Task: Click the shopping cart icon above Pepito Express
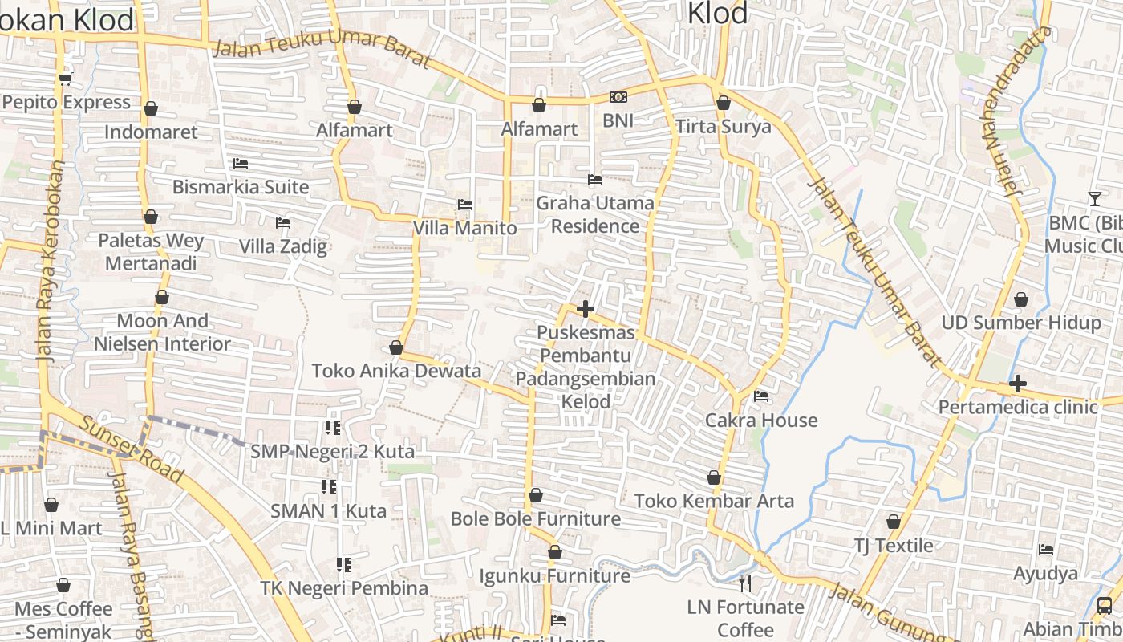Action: click(x=65, y=79)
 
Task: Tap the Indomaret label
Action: click(x=151, y=132)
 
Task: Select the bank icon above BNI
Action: click(x=618, y=97)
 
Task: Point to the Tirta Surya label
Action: click(x=723, y=127)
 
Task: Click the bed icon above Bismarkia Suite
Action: click(x=240, y=164)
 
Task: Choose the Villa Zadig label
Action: click(x=283, y=246)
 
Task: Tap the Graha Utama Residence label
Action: click(x=594, y=214)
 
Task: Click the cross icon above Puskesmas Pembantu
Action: click(x=586, y=309)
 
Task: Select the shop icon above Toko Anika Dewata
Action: click(x=395, y=347)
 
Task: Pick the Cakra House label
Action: click(x=760, y=420)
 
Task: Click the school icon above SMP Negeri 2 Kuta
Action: click(x=332, y=428)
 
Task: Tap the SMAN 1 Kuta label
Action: click(x=328, y=510)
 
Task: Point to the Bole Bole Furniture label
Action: click(x=535, y=518)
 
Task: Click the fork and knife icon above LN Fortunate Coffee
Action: click(x=746, y=583)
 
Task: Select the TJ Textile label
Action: click(x=893, y=546)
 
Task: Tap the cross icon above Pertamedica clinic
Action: click(x=1018, y=384)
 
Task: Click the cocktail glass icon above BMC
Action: click(x=1095, y=198)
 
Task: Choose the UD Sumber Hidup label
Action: click(x=1021, y=323)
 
